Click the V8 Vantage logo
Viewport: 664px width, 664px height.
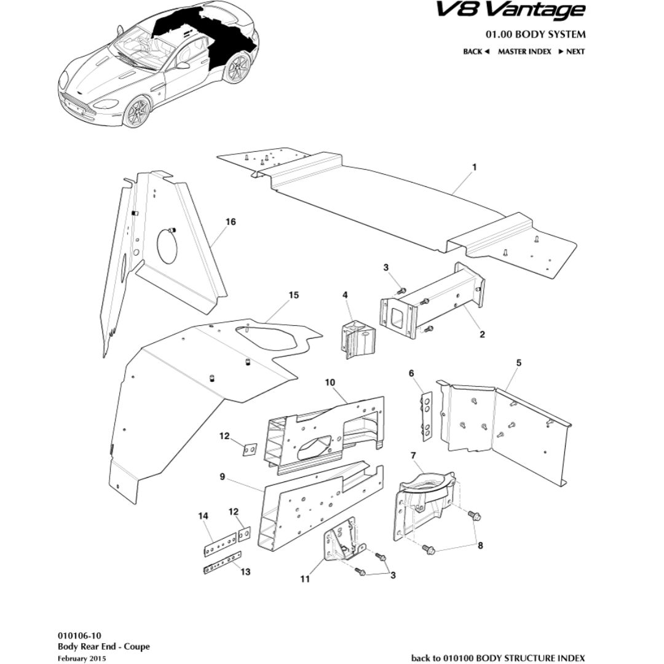point(510,10)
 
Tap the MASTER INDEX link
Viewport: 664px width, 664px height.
point(524,52)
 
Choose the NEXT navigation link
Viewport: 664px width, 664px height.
point(572,52)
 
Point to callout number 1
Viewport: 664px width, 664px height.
point(474,167)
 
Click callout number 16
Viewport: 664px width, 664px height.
point(231,222)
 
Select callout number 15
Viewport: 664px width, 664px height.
point(293,296)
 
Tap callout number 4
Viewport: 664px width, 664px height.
point(346,296)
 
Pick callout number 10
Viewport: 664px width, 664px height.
point(330,382)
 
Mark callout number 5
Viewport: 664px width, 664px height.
point(518,363)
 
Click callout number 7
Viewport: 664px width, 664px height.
point(413,456)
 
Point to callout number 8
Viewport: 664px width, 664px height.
point(480,545)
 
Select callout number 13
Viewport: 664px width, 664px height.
point(245,572)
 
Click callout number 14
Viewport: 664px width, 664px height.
point(204,516)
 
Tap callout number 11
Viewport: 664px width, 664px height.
point(306,579)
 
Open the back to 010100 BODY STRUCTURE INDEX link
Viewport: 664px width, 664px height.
point(498,658)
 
